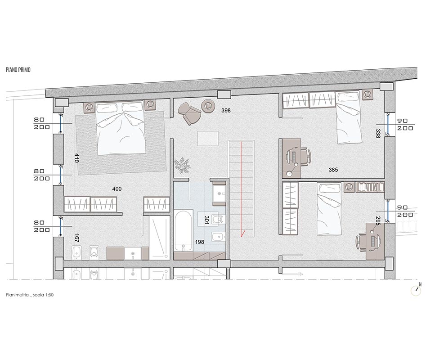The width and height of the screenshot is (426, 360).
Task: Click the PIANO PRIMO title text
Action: point(18,70)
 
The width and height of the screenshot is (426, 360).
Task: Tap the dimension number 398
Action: point(226,110)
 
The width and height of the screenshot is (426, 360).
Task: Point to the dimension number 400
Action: point(117,189)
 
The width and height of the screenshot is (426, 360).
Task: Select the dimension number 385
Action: point(333,170)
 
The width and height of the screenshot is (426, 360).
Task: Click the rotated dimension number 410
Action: point(77,158)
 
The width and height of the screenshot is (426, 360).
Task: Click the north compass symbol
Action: point(416,291)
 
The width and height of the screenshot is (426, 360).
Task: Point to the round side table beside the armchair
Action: point(208,106)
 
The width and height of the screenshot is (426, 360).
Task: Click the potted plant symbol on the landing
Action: point(182,165)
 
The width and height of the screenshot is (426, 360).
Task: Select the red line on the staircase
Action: point(242,189)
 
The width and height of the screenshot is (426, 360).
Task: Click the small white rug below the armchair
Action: point(208,138)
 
